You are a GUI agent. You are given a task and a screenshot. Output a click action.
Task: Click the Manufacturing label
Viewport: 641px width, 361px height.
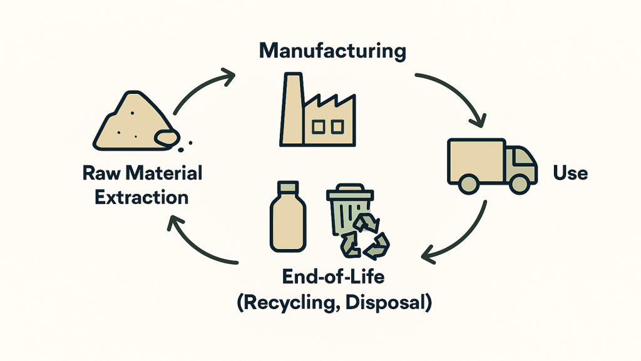332,52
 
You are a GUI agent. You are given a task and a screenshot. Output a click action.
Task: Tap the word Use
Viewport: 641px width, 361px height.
570,173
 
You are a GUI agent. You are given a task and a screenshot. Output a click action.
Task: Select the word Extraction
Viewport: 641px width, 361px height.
141,197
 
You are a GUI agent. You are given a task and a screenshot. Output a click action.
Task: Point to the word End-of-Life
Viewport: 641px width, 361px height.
333,277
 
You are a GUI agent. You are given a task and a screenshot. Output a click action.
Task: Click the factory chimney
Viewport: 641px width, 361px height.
292,109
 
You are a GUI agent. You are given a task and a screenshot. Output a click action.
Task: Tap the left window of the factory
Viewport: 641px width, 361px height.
319,127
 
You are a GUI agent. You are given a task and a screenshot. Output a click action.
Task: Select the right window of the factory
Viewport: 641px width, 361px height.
337,127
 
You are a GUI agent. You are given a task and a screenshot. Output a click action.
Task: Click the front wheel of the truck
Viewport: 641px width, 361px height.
520,184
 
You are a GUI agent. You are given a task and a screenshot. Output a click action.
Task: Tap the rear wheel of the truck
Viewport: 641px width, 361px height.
468,184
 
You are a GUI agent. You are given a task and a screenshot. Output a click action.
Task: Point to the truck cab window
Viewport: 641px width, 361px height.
523,158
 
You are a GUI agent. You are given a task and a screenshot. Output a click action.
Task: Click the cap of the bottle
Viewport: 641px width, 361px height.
288,188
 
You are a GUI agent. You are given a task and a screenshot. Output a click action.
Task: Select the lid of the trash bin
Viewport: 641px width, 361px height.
350,192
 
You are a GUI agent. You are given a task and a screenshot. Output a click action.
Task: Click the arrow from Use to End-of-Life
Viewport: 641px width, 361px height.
462,239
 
